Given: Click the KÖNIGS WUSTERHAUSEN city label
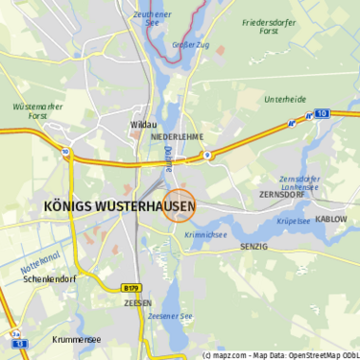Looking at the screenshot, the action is pos(120,206).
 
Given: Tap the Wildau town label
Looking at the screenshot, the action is pos(142,125).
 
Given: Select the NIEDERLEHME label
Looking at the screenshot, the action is pos(178,137).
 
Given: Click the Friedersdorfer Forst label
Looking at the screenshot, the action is pos(273,26).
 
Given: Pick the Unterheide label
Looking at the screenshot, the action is pos(285,99).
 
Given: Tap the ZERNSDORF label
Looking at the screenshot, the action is pos(280,194).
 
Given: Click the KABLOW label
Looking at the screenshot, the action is pos(331,219).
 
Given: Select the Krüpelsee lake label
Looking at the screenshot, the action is pos(294,220).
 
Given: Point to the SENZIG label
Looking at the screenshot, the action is pos(253,247).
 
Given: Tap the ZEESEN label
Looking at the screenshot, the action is pos(138,302).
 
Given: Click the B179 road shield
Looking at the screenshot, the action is pos(132,287).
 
